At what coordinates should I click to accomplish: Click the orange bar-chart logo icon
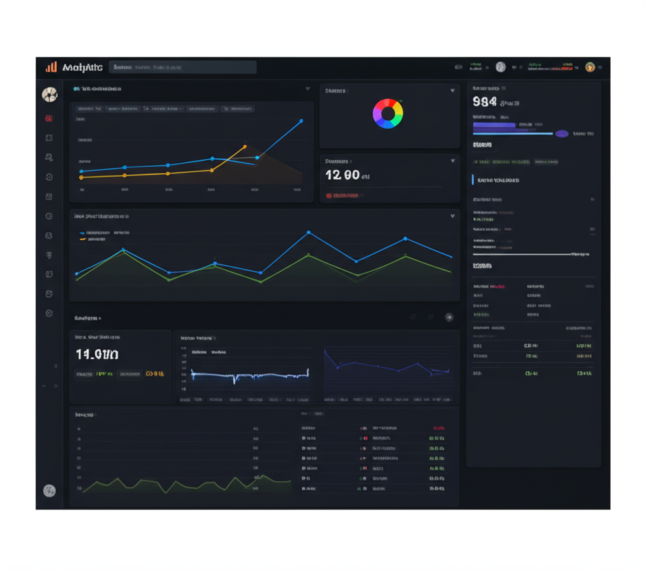click(51, 67)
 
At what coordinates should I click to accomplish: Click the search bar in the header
click(183, 67)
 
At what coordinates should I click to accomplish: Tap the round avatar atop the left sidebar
click(49, 95)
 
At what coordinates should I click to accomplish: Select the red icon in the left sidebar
click(49, 118)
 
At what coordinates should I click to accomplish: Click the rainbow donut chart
click(388, 114)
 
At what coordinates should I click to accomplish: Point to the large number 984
click(484, 102)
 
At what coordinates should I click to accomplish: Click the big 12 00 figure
click(343, 175)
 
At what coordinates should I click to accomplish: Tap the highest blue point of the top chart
click(301, 120)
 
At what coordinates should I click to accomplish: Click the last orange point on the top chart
click(245, 147)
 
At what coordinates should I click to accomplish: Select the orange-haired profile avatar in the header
click(590, 67)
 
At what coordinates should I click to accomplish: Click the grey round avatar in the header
click(500, 67)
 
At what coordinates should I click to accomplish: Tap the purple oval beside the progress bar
click(561, 134)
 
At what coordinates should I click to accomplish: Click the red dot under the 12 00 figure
click(329, 196)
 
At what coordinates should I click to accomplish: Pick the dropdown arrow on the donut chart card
click(452, 91)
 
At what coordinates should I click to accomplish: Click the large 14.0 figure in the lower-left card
click(97, 354)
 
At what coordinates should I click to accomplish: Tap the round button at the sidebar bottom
click(49, 491)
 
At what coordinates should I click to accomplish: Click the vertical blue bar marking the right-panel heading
click(473, 180)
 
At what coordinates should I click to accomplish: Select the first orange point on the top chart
click(81, 177)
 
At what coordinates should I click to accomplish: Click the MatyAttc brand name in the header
click(83, 67)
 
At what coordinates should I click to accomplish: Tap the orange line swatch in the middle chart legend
click(83, 240)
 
